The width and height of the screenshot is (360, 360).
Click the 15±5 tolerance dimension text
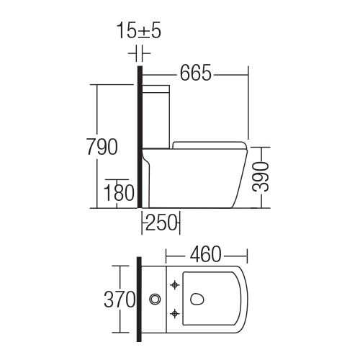139,32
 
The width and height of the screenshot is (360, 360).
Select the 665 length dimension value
196,73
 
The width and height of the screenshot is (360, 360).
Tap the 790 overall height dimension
102,147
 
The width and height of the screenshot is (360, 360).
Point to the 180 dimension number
119,192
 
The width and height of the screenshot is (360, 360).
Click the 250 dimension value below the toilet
161,222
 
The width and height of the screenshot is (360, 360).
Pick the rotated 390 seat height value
261,177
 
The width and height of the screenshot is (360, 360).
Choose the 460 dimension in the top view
206,254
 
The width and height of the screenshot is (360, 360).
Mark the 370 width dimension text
120,300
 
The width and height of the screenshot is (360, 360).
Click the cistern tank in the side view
156,116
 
